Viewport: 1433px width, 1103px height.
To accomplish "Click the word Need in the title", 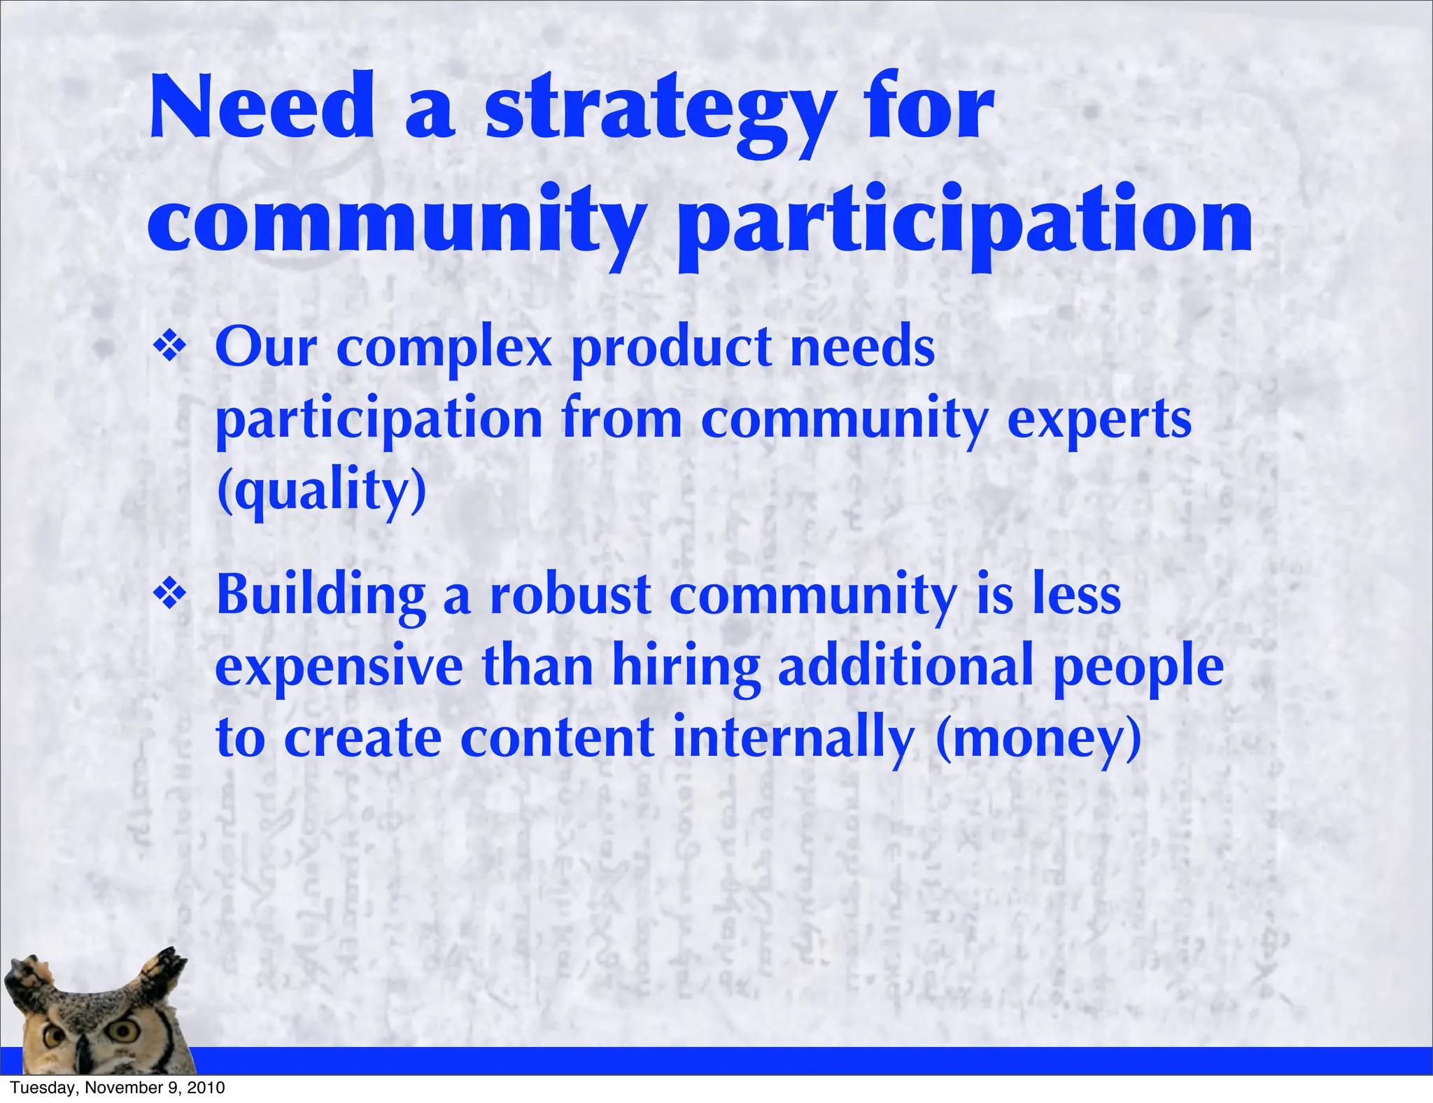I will (262, 108).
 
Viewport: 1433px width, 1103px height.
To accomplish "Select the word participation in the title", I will (965, 223).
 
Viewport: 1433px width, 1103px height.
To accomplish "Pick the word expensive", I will (339, 668).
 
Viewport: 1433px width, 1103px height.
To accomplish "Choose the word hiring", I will (686, 668).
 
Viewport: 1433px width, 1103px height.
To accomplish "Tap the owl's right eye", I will (127, 1029).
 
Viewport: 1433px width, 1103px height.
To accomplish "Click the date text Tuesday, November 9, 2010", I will (118, 1088).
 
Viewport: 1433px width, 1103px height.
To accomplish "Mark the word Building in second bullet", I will (321, 596).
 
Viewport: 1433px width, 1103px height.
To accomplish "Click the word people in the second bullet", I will (1138, 668).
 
